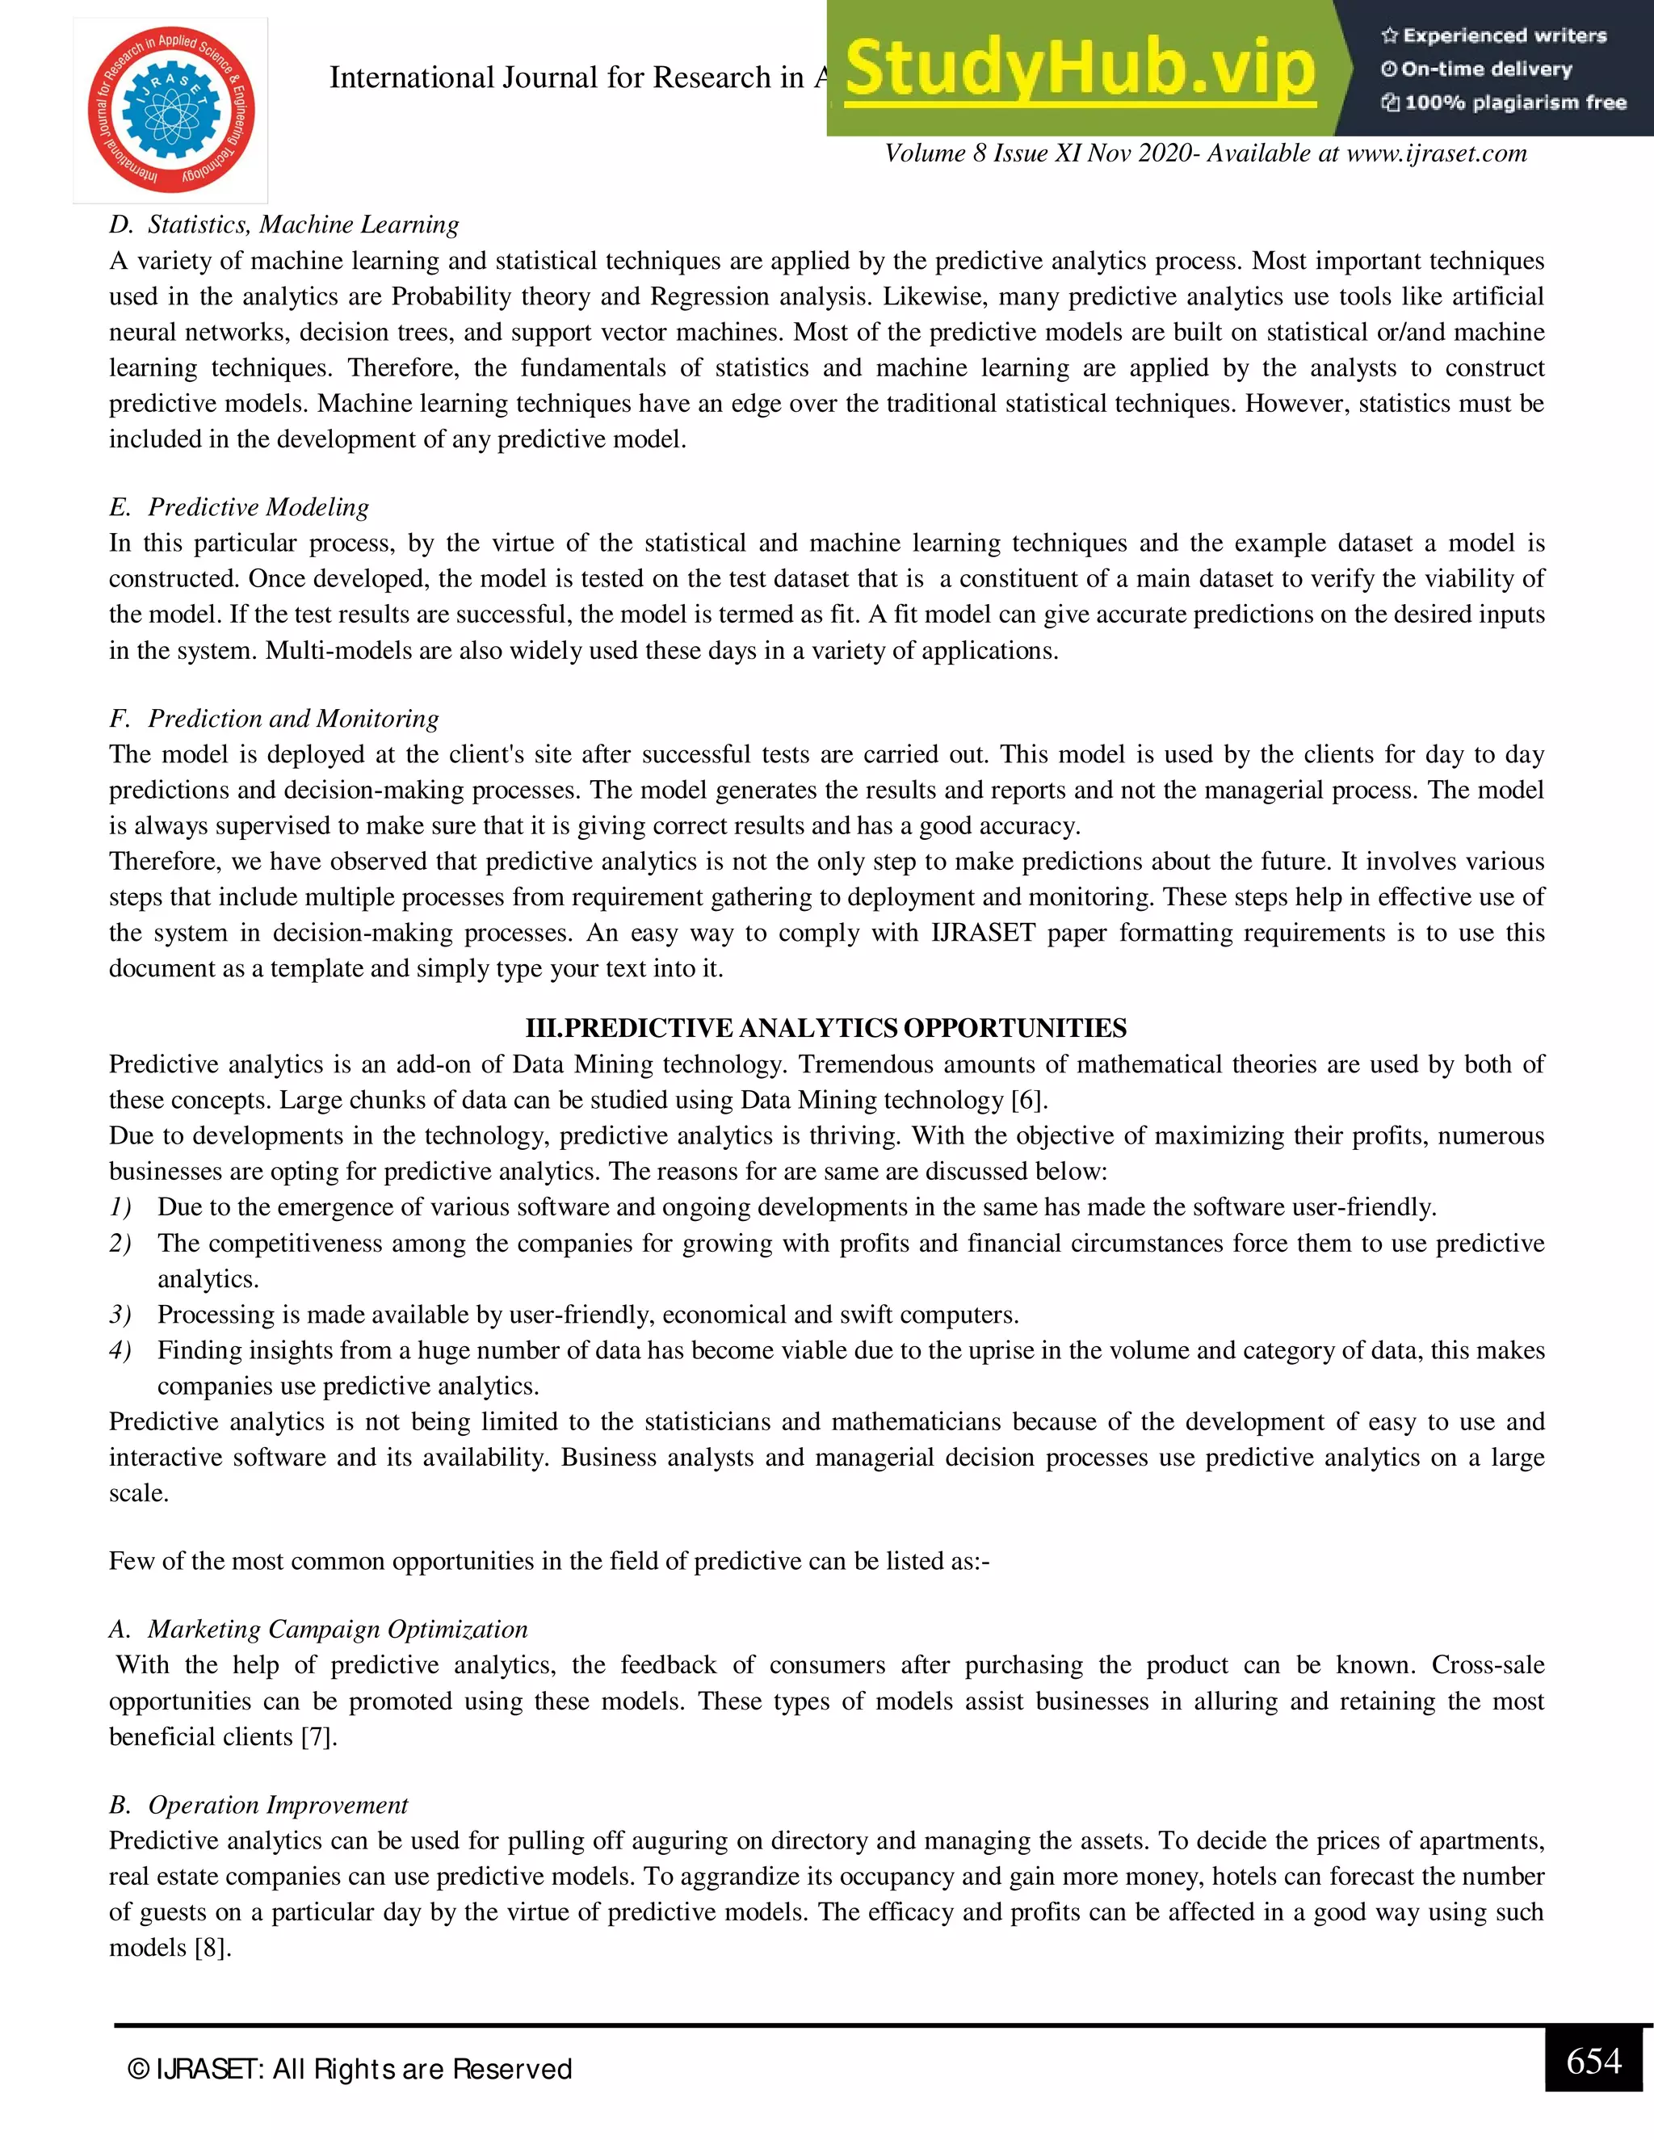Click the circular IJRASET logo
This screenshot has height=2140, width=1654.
tap(171, 110)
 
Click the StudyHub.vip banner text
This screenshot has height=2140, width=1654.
tap(1080, 69)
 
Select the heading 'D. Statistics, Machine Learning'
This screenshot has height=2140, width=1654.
tap(284, 224)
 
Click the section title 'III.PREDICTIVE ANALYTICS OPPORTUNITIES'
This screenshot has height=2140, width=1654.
tap(826, 1028)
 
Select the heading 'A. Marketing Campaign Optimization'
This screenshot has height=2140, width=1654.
tap(318, 1629)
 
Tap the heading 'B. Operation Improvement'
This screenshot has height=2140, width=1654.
tap(258, 1805)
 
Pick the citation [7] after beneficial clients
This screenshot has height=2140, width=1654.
tap(317, 1736)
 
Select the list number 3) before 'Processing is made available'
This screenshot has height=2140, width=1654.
tap(120, 1314)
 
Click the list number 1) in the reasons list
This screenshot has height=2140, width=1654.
tap(120, 1207)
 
